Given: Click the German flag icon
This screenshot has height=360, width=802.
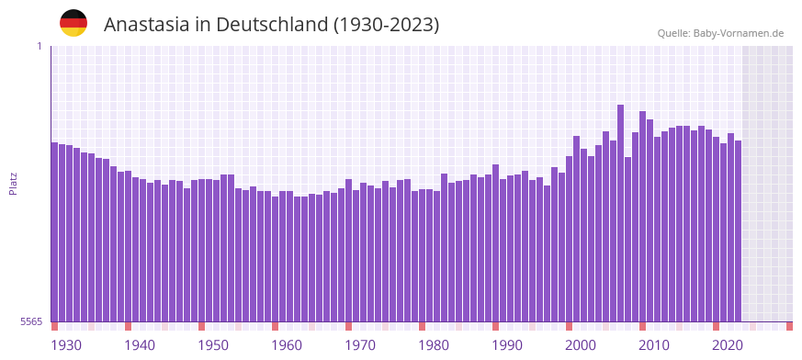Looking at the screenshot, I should pyautogui.click(x=73, y=24).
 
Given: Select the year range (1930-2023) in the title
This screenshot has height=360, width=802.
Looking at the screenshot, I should pyautogui.click(x=386, y=25).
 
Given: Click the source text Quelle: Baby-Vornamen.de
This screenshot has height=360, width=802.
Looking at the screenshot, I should pyautogui.click(x=720, y=33).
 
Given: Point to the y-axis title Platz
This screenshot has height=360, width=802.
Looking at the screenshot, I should pyautogui.click(x=13, y=183).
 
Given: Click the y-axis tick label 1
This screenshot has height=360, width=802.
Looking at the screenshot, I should pyautogui.click(x=39, y=46).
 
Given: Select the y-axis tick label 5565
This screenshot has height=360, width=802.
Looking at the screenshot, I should pyautogui.click(x=29, y=321).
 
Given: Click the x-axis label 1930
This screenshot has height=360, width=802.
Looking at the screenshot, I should pyautogui.click(x=66, y=345).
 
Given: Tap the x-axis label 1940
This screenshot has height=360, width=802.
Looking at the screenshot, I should pyautogui.click(x=140, y=345).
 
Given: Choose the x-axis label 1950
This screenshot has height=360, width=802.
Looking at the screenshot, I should pyautogui.click(x=213, y=345).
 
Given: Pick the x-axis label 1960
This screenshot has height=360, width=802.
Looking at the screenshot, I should pyautogui.click(x=287, y=345).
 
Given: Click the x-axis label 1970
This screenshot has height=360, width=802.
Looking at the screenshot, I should pyautogui.click(x=360, y=345).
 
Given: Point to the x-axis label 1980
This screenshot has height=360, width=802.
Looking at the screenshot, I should pyautogui.click(x=434, y=345).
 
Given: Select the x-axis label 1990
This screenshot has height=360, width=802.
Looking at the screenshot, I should pyautogui.click(x=507, y=345).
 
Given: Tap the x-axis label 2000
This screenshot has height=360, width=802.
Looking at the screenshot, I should pyautogui.click(x=581, y=345).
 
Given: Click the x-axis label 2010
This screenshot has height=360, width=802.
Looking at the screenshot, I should pyautogui.click(x=654, y=345).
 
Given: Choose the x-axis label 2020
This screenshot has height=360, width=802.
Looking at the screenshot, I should pyautogui.click(x=728, y=345).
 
